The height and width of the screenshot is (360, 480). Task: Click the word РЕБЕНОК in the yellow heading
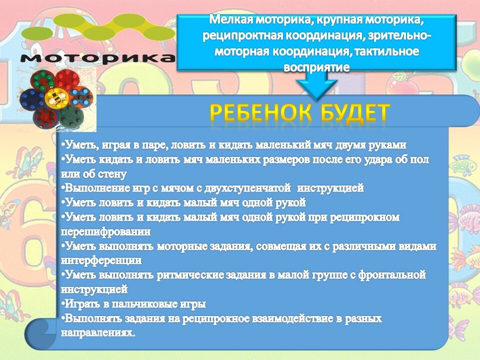(x=261, y=112)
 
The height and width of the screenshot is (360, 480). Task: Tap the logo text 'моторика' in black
(x=98, y=57)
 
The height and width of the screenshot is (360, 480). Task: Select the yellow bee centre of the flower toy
(x=57, y=98)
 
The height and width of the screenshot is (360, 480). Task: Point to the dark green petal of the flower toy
(x=71, y=117)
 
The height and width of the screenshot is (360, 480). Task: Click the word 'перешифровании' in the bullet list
(x=105, y=231)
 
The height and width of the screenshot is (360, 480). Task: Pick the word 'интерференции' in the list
(x=101, y=260)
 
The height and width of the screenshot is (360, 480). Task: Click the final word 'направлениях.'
(x=98, y=333)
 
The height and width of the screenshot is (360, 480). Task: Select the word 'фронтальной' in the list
(x=392, y=275)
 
